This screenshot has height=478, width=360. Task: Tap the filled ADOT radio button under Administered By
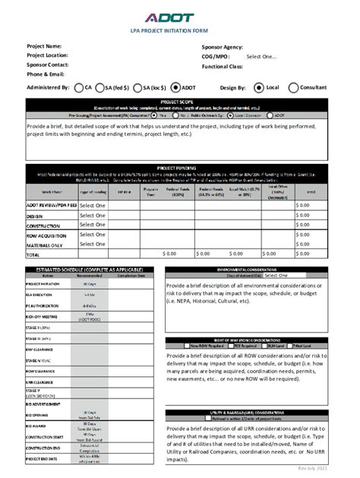tap(175, 87)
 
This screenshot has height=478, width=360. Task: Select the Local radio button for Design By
tap(261, 87)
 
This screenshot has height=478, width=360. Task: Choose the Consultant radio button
tap(294, 87)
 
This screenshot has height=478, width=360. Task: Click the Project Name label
tap(44, 46)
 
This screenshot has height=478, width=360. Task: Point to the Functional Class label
tap(223, 66)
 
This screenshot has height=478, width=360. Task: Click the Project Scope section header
tap(179, 101)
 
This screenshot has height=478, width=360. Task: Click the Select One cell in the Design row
tap(92, 215)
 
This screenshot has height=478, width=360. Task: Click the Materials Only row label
tap(45, 245)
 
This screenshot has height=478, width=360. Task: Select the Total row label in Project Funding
tap(33, 255)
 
